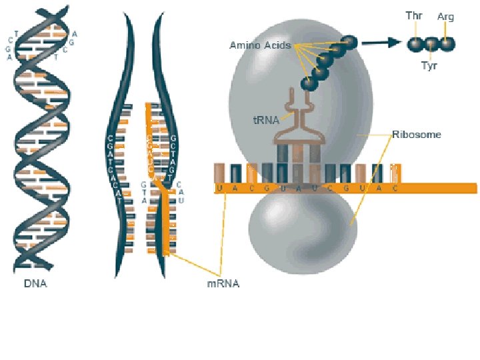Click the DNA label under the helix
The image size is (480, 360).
tap(36, 283)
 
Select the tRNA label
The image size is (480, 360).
tap(265, 121)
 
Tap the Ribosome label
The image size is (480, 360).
tap(417, 134)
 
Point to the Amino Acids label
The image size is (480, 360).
tap(260, 45)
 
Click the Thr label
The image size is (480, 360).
tap(414, 15)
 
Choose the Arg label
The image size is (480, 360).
tap(445, 17)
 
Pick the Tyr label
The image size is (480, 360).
tap(429, 65)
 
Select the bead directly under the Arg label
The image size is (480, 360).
tap(447, 43)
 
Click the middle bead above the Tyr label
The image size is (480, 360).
tap(431, 44)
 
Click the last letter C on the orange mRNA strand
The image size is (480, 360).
tap(395, 189)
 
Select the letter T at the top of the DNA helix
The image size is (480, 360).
tap(16, 33)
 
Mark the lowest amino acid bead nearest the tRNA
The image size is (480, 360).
tap(308, 83)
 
